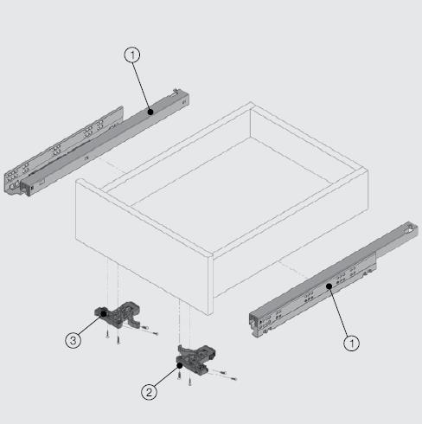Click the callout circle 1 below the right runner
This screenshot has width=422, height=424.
tap(350, 343)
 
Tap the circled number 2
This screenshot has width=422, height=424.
tap(150, 392)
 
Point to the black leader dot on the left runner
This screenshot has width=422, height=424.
tap(150, 111)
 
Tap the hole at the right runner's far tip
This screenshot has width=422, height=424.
tap(406, 230)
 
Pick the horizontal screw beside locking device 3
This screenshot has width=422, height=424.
tap(148, 330)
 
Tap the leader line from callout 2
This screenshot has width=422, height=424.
tap(166, 378)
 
